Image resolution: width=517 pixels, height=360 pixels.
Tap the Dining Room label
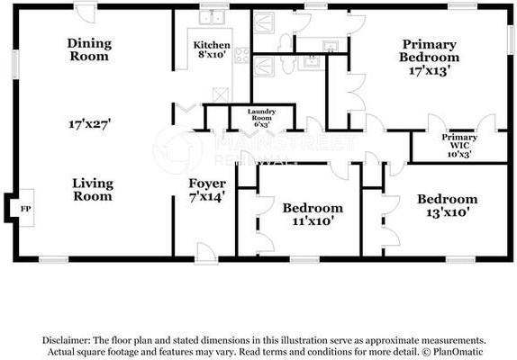click(89, 49)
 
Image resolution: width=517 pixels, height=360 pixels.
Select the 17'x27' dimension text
click(89, 124)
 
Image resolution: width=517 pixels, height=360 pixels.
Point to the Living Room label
click(93, 189)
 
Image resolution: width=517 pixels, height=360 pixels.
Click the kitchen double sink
click(212, 17)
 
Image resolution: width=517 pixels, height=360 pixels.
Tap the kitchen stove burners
click(241, 55)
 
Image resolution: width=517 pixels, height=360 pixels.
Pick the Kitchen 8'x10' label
click(212, 49)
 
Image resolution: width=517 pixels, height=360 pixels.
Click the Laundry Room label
click(262, 114)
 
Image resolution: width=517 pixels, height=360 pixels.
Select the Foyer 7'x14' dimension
click(207, 197)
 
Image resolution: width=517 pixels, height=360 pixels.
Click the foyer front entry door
click(205, 255)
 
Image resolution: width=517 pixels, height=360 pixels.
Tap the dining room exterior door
click(86, 13)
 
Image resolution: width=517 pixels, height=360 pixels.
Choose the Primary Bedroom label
click(430, 50)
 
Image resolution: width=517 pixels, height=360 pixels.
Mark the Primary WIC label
click(459, 141)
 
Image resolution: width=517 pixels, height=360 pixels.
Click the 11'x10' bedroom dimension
click(312, 221)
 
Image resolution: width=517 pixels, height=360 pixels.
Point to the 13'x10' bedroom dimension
click(448, 212)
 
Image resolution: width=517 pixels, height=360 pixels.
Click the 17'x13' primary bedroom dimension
click(430, 70)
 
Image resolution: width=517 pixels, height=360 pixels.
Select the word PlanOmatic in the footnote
click(458, 352)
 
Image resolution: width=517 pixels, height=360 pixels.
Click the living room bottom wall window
click(54, 259)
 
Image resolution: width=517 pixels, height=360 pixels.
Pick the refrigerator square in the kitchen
click(221, 94)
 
